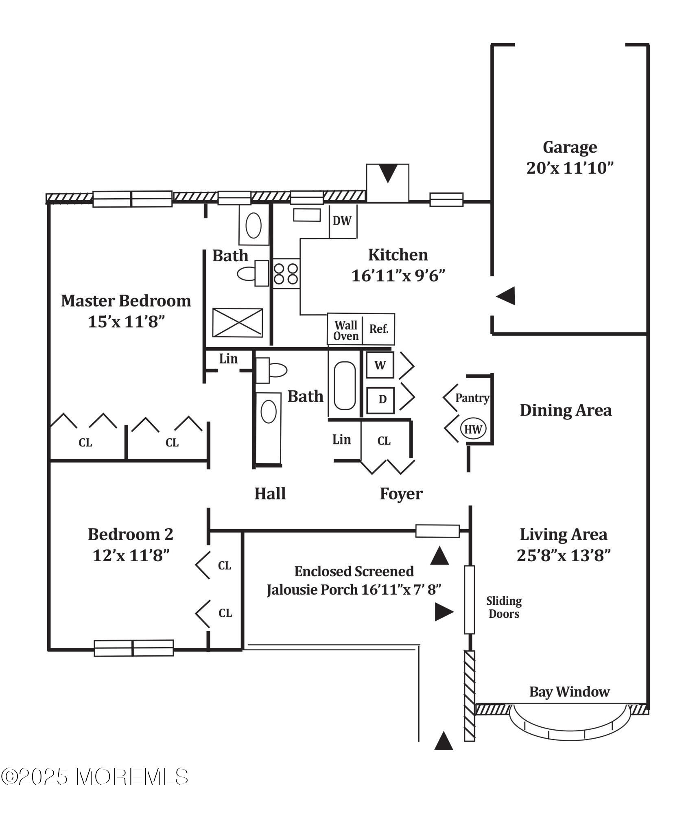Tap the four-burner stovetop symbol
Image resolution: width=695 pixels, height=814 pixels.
tap(286, 274)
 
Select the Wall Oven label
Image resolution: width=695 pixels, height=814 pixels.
tap(346, 330)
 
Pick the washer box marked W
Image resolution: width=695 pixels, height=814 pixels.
tap(380, 365)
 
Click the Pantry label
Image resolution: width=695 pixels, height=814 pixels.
tap(472, 398)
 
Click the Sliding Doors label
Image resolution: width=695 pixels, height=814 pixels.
tap(504, 607)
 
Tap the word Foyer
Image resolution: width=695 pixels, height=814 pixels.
tap(401, 494)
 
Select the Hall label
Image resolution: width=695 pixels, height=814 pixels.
tap(270, 494)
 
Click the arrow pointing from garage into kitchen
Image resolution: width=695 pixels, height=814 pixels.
tap(506, 296)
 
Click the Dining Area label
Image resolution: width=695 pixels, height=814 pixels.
tap(566, 410)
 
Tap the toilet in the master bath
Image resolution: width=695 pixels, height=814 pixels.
tap(253, 274)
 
